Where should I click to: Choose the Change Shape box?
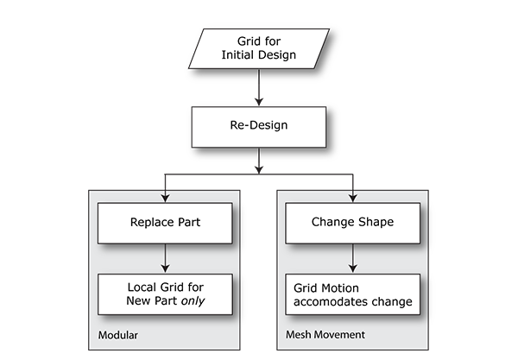click(x=352, y=222)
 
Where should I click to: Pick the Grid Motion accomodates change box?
click(x=352, y=292)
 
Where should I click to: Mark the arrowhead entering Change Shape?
click(x=352, y=199)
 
